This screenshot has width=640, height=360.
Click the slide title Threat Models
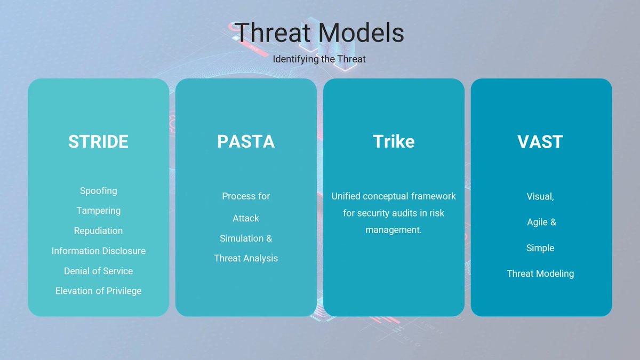(x=319, y=33)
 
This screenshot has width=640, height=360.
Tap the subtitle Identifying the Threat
(x=319, y=59)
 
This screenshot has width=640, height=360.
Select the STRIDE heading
(x=98, y=142)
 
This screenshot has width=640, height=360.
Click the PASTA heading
(x=246, y=142)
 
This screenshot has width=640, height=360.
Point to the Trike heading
(x=394, y=142)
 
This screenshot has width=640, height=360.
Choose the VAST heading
(x=540, y=142)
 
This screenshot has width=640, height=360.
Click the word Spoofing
(x=98, y=190)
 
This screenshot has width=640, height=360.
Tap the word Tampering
(x=98, y=211)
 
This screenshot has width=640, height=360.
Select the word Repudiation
(x=98, y=231)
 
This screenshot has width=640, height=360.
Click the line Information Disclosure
(x=98, y=251)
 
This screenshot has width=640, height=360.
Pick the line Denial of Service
(x=98, y=271)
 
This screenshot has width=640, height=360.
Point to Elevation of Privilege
(x=98, y=291)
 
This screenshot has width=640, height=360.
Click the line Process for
(x=246, y=196)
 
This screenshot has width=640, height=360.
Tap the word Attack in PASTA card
(x=246, y=219)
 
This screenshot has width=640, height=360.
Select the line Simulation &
(x=246, y=238)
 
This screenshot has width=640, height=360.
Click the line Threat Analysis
(x=246, y=259)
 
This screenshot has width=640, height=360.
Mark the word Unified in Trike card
(x=346, y=196)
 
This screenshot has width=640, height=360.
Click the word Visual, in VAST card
(x=540, y=196)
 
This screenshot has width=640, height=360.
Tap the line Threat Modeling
(x=540, y=274)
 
